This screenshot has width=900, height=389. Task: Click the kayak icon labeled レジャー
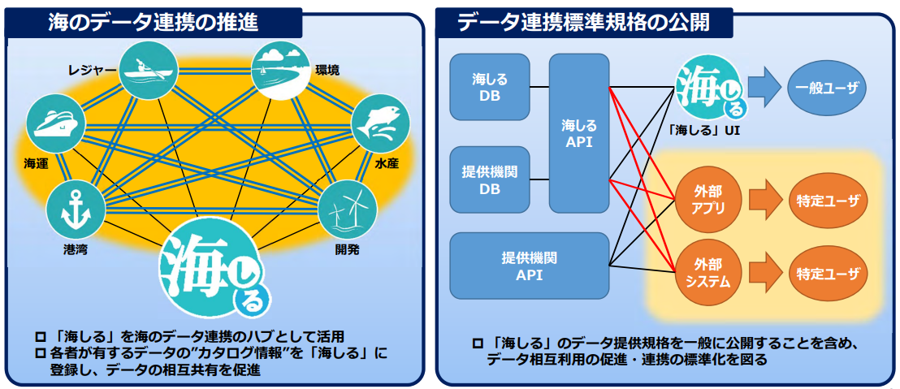click(x=148, y=71)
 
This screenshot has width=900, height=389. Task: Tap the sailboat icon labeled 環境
click(x=281, y=71)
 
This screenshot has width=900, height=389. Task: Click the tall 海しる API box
click(x=579, y=133)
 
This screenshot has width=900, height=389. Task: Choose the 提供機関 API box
click(x=529, y=265)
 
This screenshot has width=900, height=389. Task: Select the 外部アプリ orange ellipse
click(x=704, y=199)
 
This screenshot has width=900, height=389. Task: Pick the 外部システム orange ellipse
click(x=704, y=272)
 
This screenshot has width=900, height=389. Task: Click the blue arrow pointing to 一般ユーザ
click(x=763, y=87)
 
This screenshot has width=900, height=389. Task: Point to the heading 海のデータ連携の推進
click(x=154, y=22)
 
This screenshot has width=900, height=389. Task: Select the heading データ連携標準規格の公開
click(x=584, y=22)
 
